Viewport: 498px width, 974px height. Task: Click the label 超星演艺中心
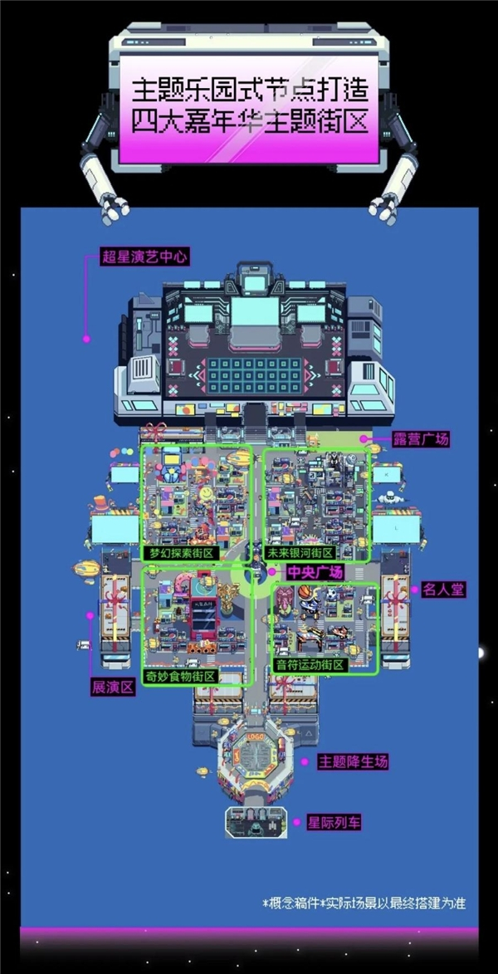coord(144,257)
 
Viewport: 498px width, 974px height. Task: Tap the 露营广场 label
coord(422,439)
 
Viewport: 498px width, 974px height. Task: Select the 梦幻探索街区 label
coord(178,553)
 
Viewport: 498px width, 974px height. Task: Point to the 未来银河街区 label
coord(300,553)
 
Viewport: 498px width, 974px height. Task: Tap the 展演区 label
coord(113,688)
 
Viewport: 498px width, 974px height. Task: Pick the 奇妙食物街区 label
coord(180,677)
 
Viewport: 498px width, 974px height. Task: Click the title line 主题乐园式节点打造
coord(248,89)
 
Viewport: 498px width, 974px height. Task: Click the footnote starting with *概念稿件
coord(364,903)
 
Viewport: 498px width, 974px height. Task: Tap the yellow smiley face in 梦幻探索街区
coord(205,496)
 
